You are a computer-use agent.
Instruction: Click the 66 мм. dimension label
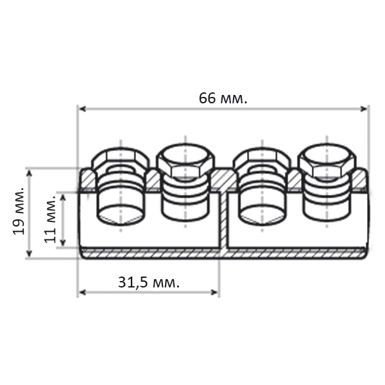coord(223,98)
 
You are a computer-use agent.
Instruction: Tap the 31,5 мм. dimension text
coord(149,282)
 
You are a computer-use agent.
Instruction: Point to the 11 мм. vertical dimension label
coord(51,219)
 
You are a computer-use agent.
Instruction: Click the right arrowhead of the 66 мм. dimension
coord(363,109)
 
